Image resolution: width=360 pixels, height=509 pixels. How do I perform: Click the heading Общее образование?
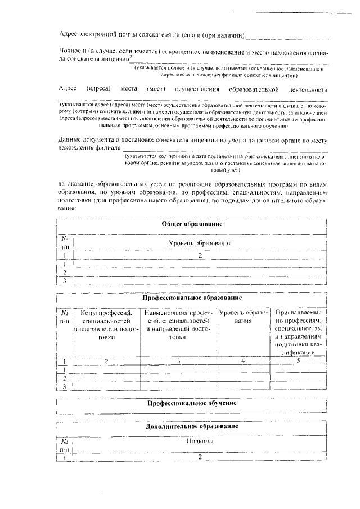click(x=192, y=224)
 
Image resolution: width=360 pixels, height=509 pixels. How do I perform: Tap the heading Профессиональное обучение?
click(x=192, y=403)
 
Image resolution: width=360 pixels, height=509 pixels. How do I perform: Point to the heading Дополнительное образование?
click(x=192, y=426)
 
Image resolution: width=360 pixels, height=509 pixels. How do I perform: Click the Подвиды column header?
click(x=200, y=442)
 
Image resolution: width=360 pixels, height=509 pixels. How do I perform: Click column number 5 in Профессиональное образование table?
click(x=299, y=361)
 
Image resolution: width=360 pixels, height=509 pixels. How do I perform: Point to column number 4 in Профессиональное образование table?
click(x=243, y=361)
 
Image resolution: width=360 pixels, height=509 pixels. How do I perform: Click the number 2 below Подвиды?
click(x=200, y=457)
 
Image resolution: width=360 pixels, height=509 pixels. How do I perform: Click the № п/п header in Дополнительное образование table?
click(x=65, y=446)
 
